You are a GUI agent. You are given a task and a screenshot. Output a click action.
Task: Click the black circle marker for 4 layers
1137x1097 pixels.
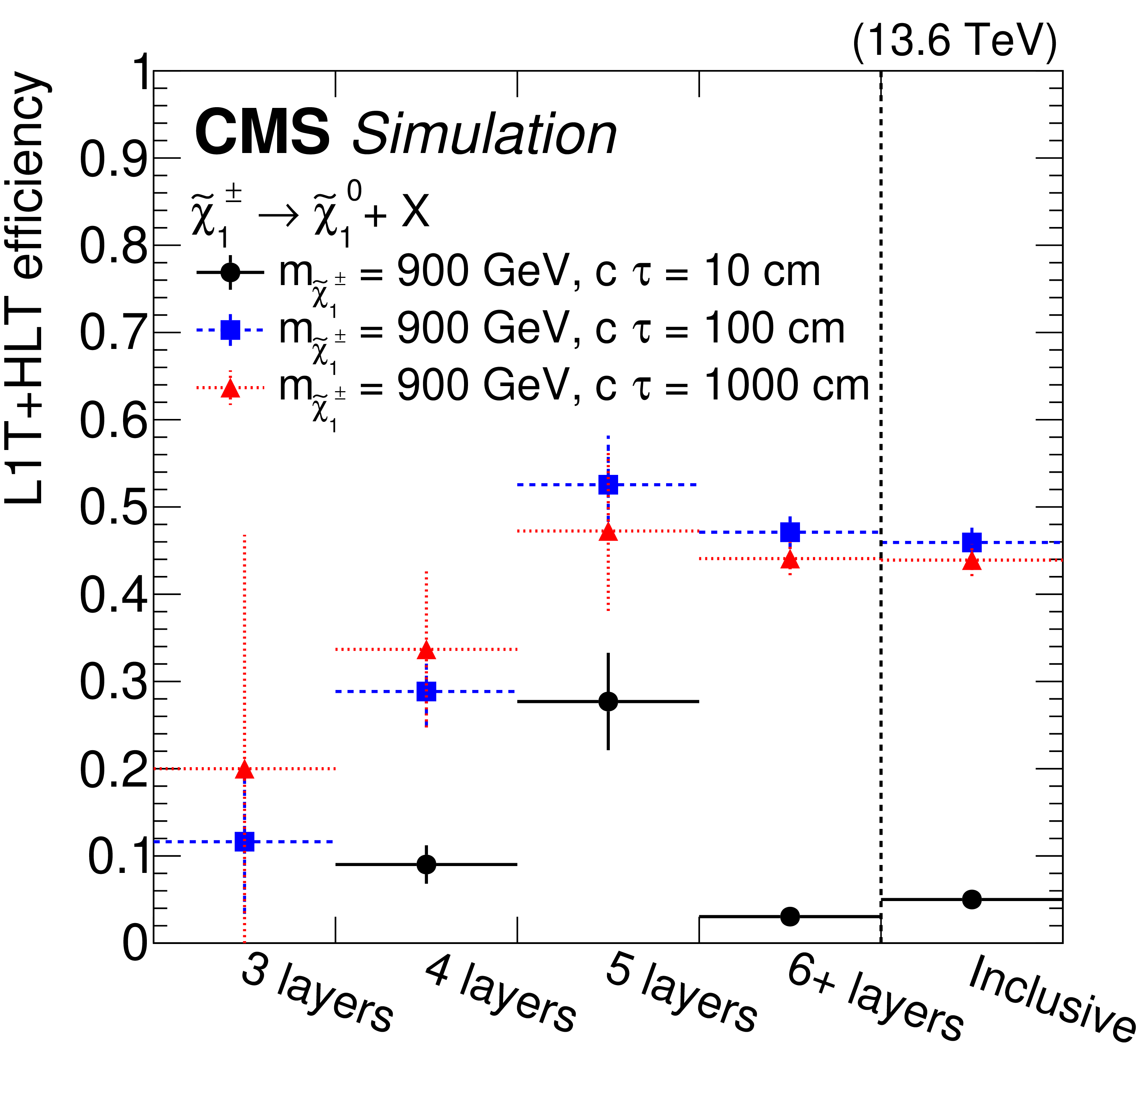click(x=427, y=864)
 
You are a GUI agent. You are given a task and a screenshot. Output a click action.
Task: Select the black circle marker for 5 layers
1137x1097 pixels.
click(x=608, y=702)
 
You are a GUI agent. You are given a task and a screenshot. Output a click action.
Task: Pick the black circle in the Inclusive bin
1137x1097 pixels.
click(x=972, y=899)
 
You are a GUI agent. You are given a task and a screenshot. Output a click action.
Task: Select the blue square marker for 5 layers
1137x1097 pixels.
click(x=608, y=484)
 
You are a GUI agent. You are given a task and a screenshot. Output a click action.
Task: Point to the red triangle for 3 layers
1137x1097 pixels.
click(x=244, y=770)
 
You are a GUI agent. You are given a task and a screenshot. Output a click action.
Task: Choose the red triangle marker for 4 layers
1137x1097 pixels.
click(x=427, y=650)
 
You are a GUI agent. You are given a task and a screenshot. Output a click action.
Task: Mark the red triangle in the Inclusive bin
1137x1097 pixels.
click(x=972, y=561)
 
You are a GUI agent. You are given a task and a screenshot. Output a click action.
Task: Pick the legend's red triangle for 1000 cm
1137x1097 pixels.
click(x=230, y=388)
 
